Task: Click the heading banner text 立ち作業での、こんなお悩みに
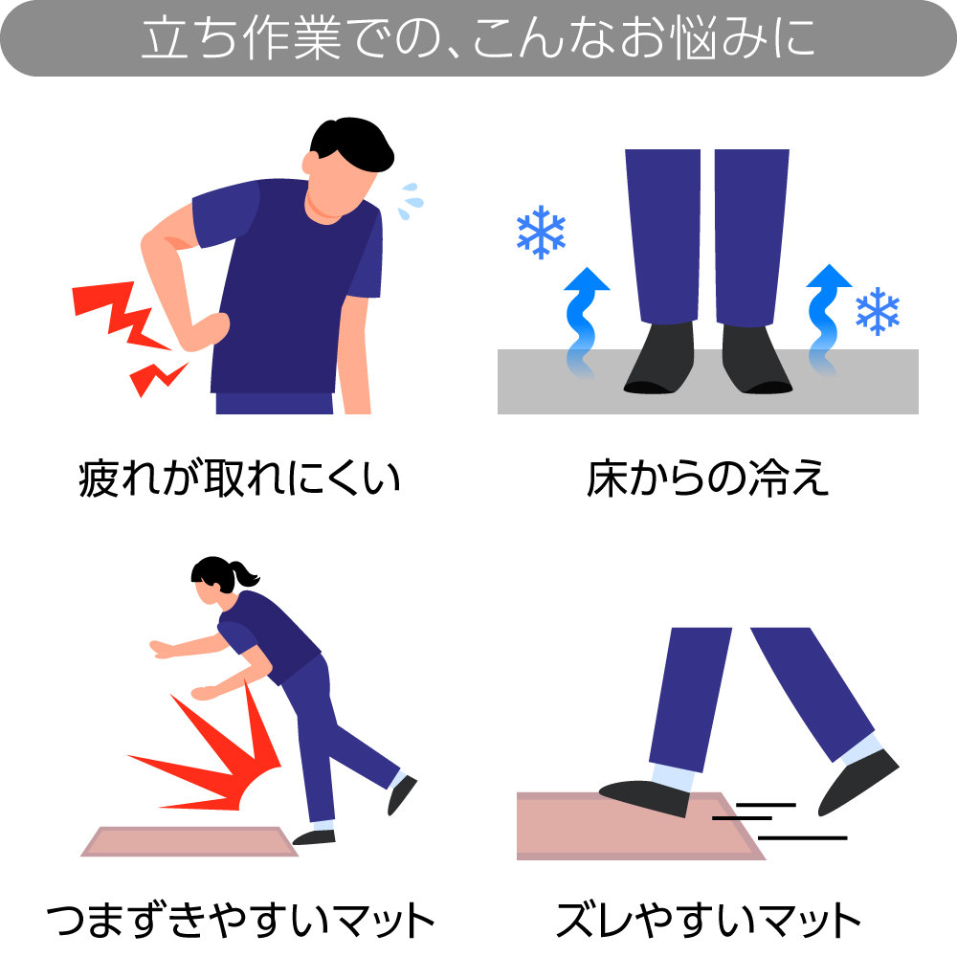[x=478, y=37]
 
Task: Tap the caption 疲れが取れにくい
[x=238, y=479]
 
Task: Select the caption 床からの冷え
[x=707, y=479]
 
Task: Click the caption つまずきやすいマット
[x=240, y=920]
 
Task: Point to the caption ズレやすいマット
[x=708, y=920]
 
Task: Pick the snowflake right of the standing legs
[x=877, y=311]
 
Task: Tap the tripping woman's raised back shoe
[x=402, y=794]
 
